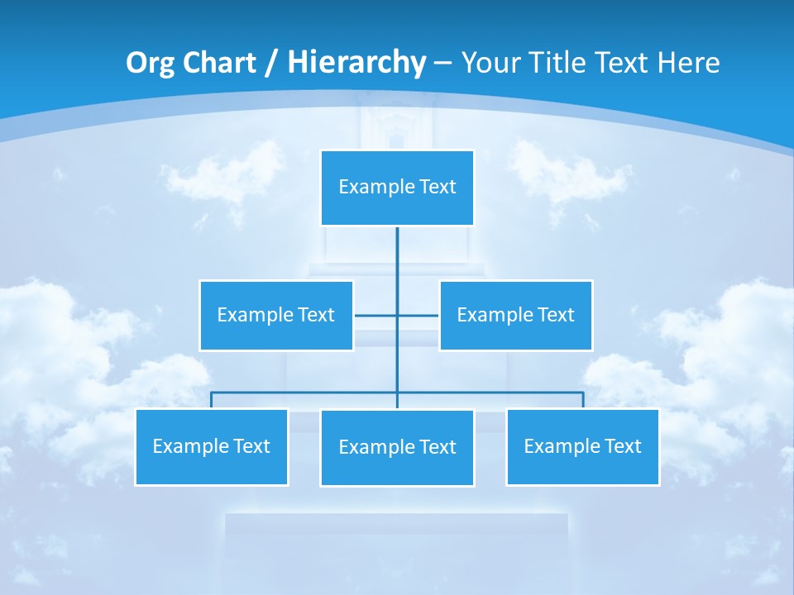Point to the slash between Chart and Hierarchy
tap(271, 63)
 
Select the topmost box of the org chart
tap(397, 188)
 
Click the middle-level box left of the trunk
tap(275, 315)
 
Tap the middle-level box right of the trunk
tap(515, 315)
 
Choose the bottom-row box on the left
tap(211, 446)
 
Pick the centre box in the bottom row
tap(397, 447)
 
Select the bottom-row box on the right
tap(582, 446)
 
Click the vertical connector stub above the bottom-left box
tap(211, 400)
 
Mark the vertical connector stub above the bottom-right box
tap(583, 400)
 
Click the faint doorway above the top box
tap(395, 132)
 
